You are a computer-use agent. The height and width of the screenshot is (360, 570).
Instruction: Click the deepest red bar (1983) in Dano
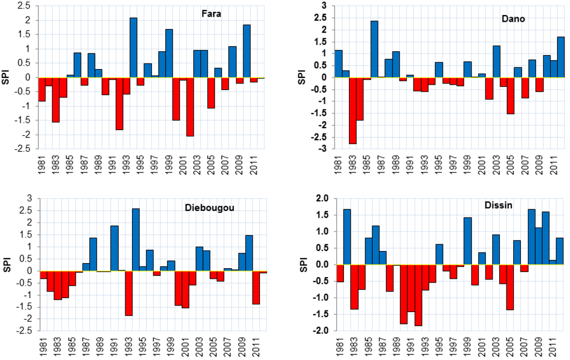[x=352, y=111]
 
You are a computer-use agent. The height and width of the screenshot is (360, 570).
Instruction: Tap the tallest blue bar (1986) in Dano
[x=374, y=50]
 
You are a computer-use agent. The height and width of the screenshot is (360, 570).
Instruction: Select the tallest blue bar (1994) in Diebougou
[x=135, y=240]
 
